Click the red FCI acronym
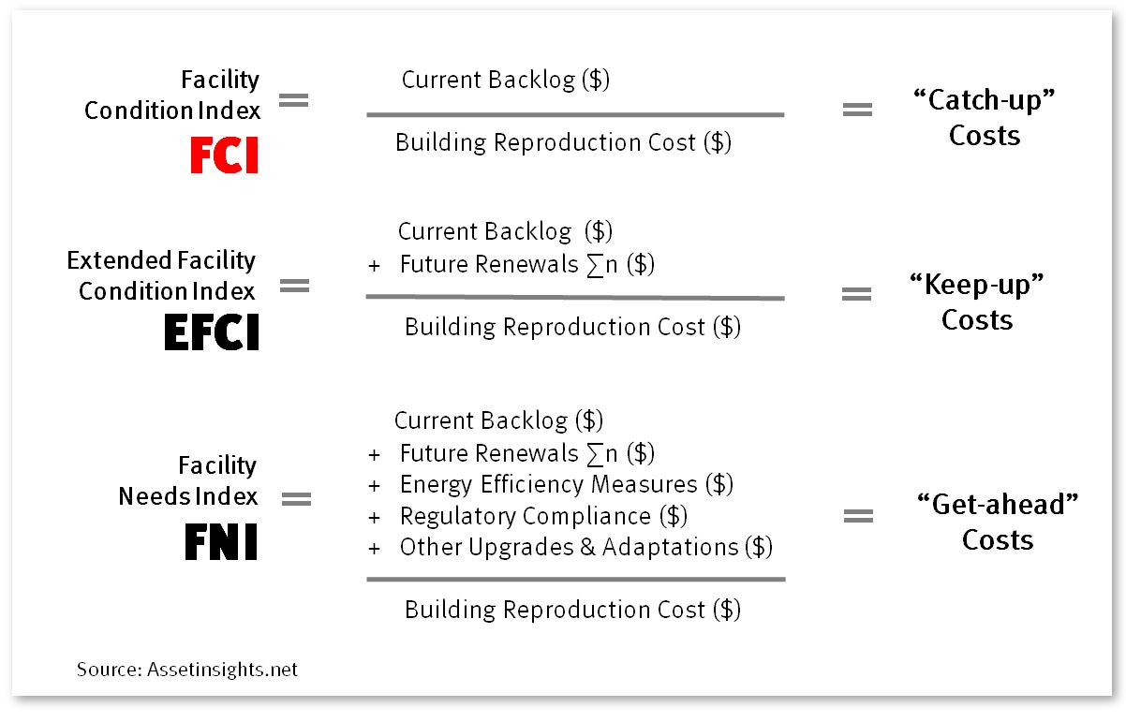point(224,155)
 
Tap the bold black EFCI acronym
point(212,332)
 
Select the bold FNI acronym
point(221,541)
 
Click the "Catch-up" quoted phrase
point(985,99)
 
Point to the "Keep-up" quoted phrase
point(977,285)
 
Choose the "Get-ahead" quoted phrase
point(998,504)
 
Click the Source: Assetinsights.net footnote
point(187,670)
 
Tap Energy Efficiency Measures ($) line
point(567,484)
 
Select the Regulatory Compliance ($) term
point(543,516)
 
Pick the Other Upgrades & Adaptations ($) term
point(586,547)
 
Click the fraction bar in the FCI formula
point(575,114)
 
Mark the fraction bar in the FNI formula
point(576,580)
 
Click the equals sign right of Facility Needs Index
point(297,499)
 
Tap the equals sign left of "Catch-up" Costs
point(857,110)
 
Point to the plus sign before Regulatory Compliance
point(374,518)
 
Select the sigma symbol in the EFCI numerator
point(595,265)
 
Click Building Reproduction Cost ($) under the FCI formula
point(563,142)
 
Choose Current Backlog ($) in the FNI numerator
point(498,420)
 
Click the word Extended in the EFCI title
point(119,260)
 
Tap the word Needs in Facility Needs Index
point(154,496)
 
